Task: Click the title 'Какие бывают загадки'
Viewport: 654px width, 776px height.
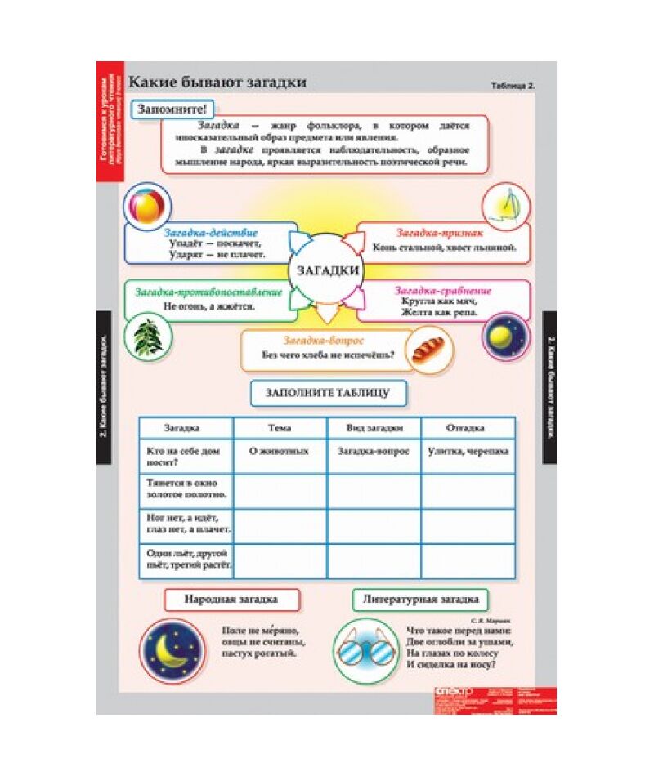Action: pos(218,82)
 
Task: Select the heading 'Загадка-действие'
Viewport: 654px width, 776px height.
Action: pos(212,233)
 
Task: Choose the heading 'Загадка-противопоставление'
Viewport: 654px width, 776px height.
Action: pos(208,292)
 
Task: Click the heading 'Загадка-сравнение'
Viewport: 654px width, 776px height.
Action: pos(442,290)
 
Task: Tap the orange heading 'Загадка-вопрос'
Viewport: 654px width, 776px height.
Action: pos(324,339)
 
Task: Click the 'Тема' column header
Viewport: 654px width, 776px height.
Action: pos(280,428)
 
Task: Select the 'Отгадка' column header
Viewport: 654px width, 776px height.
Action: pos(468,428)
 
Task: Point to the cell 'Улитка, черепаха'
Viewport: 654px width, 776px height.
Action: pos(468,451)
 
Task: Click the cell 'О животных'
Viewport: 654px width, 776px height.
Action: pos(280,451)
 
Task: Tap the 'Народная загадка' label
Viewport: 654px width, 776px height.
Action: pos(231,599)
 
